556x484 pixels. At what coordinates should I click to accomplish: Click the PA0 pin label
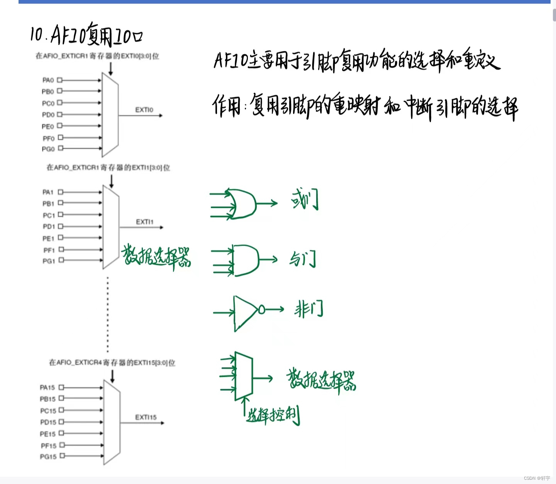coord(48,80)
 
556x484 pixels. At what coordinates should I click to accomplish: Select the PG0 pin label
coord(48,149)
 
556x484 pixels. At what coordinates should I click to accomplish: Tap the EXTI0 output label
coord(144,110)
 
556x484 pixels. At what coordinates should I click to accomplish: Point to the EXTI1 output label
coord(144,222)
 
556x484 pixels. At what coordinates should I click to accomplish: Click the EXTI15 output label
coord(146,417)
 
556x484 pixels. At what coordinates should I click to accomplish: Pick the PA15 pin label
coord(47,388)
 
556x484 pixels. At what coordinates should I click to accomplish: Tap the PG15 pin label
coord(48,457)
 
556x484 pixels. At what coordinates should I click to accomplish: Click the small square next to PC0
coord(60,103)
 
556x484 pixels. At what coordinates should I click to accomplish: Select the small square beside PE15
coord(61,433)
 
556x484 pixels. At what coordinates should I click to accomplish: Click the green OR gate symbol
coord(242,204)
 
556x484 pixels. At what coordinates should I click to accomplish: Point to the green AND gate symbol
coord(246,260)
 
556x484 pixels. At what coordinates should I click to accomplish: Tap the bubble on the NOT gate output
coord(262,309)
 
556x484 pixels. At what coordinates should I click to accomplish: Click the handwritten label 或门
coord(305,199)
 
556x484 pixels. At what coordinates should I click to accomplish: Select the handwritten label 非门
coord(308,309)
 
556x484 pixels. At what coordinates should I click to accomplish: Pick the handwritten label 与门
coord(303,258)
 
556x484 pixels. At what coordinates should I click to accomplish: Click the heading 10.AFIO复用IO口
coord(86,34)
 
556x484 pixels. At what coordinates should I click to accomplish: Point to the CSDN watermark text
coord(537,478)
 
